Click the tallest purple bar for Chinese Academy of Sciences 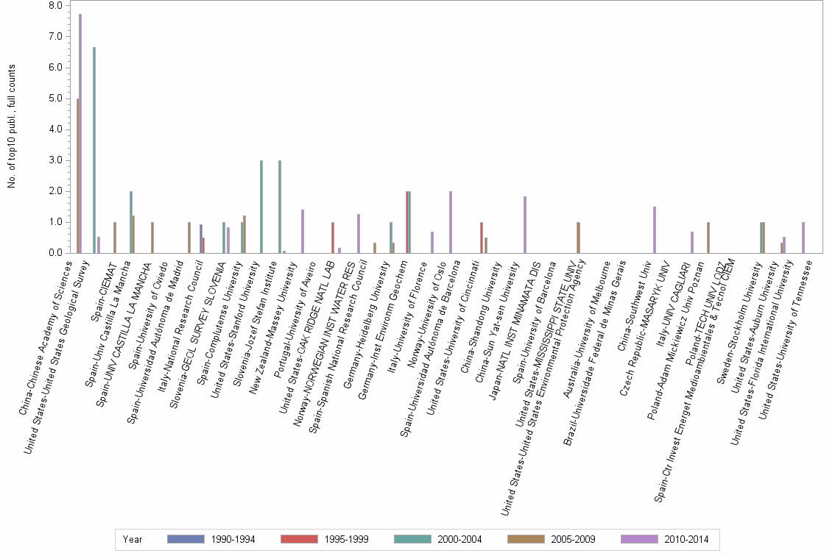click(80, 132)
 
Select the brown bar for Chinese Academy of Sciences click(77, 177)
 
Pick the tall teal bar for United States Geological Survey click(94, 151)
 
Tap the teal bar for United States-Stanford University click(261, 207)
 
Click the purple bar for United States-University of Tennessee click(803, 238)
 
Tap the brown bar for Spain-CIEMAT click(115, 238)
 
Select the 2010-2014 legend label click(686, 539)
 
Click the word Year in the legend click(133, 539)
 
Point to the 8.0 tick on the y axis click(55, 6)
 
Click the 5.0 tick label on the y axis click(55, 99)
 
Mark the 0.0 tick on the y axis click(55, 253)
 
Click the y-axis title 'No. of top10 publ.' click(12, 125)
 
